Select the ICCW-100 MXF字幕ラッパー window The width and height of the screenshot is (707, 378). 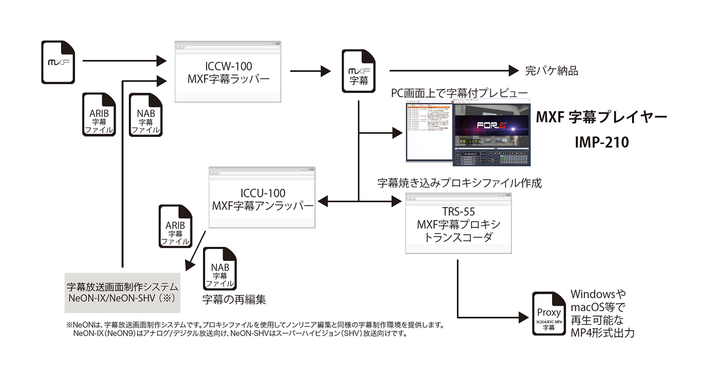click(228, 72)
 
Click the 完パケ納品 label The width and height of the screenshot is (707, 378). click(551, 71)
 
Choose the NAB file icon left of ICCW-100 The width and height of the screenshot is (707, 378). click(145, 116)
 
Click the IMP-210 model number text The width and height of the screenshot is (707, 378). click(601, 142)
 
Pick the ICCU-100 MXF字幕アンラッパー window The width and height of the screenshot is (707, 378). click(263, 200)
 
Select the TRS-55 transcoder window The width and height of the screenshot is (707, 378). click(458, 224)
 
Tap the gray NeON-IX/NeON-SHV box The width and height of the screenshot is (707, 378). click(122, 291)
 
